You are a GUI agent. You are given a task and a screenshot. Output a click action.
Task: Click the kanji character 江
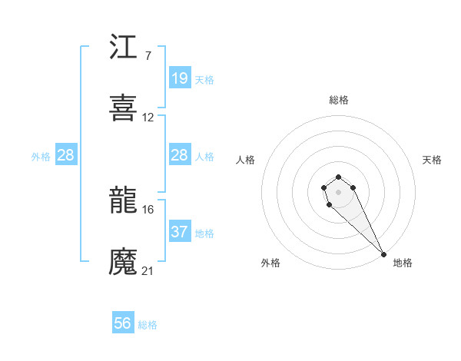click(124, 48)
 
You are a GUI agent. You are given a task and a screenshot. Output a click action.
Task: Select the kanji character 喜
click(124, 108)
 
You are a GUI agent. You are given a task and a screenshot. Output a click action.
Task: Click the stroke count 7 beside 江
click(148, 56)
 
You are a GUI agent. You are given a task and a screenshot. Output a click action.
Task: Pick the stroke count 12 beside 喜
click(148, 118)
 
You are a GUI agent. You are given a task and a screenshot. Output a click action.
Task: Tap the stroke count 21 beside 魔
click(148, 270)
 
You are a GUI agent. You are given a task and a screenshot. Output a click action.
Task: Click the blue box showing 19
click(180, 78)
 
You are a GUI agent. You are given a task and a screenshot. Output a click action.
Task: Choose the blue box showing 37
click(180, 231)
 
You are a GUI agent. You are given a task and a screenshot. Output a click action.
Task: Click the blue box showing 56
click(123, 323)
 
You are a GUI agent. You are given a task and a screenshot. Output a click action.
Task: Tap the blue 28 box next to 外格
click(66, 156)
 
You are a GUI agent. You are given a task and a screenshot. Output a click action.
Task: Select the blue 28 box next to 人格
click(180, 156)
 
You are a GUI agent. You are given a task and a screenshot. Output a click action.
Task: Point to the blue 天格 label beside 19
click(204, 79)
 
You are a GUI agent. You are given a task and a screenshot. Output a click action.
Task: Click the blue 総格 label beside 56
click(148, 325)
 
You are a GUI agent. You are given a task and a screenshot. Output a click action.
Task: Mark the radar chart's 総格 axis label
click(339, 100)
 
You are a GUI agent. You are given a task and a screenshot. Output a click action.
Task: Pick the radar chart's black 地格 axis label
click(403, 263)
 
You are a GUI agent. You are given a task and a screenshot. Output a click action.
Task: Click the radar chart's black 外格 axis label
click(270, 263)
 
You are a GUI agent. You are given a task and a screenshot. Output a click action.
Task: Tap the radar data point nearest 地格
click(383, 253)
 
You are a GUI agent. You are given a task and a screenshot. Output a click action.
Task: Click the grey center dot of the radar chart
click(338, 190)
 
